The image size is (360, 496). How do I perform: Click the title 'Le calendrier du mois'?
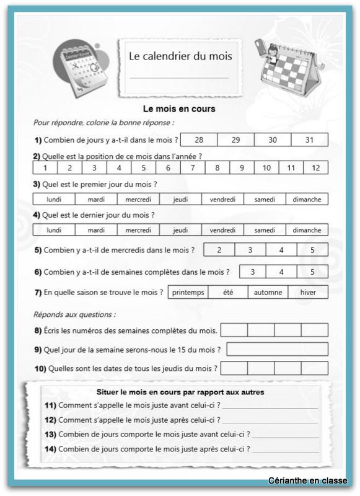(180, 56)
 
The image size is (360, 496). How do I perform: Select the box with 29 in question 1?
(235, 140)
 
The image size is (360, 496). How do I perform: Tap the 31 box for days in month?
(309, 140)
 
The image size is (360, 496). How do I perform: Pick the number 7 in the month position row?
(193, 168)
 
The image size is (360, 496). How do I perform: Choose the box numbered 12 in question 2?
(315, 168)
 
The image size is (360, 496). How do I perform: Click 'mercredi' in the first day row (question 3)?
(138, 199)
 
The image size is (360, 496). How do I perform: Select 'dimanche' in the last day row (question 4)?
(307, 230)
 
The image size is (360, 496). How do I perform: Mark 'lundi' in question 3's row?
(54, 199)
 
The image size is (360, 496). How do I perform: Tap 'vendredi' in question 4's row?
(222, 230)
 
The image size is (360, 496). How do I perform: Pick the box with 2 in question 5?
(219, 250)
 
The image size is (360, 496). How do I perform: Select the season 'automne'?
(268, 293)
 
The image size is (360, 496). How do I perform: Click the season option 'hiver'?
(308, 293)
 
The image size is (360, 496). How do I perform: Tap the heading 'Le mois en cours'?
(179, 109)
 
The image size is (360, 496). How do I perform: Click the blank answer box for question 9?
(277, 349)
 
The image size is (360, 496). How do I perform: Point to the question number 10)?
(40, 368)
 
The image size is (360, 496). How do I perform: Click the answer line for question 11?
(270, 407)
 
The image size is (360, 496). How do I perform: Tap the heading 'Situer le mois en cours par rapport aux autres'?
(181, 392)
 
